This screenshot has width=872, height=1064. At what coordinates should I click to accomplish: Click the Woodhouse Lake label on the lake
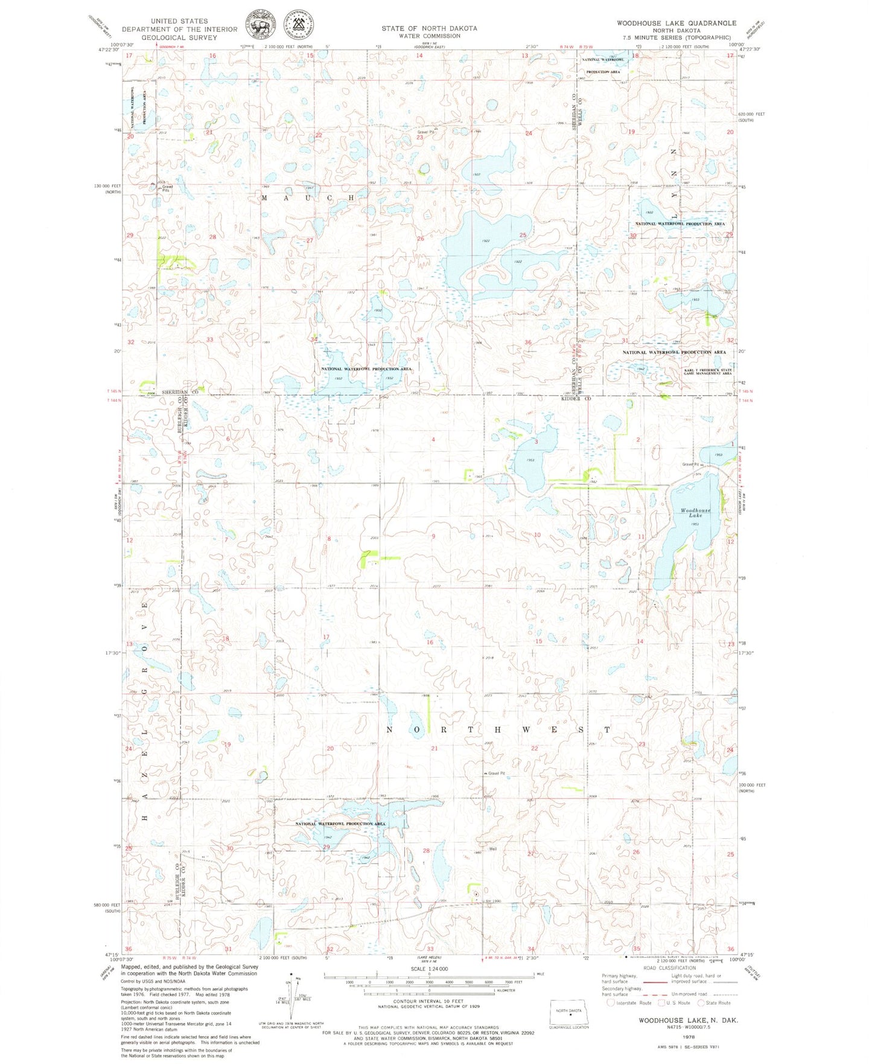pos(695,513)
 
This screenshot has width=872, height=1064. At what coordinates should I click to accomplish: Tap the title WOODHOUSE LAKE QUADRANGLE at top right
pos(676,23)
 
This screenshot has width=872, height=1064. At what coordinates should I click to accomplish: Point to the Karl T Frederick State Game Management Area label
pos(707,371)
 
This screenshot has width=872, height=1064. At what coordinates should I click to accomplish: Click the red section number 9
pos(433,536)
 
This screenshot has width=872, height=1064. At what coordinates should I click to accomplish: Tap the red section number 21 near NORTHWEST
pos(434,748)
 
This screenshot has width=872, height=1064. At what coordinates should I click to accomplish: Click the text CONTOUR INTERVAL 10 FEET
pos(429,1001)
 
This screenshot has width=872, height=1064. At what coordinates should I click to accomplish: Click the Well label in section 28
pos(492,849)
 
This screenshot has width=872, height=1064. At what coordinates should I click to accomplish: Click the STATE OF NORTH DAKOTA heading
pos(428,28)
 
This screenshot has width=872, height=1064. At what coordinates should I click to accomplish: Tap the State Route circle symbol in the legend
pos(701,1003)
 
